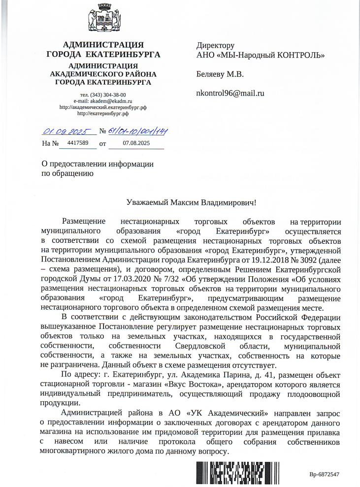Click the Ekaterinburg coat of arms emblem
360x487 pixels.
[103, 18]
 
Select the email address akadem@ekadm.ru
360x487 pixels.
[111, 100]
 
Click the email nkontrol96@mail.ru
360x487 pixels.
[230, 93]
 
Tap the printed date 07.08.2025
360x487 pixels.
[136, 143]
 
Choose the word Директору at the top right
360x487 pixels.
[215, 45]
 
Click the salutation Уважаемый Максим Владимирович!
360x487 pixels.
[192, 202]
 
